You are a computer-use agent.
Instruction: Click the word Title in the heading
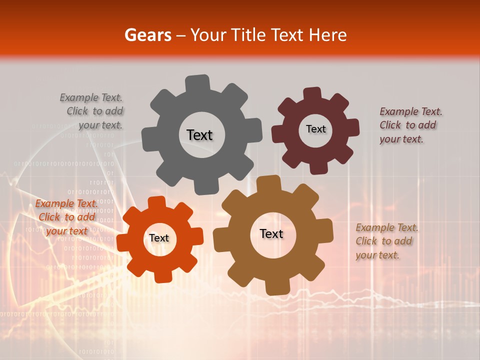pyautogui.click(x=248, y=35)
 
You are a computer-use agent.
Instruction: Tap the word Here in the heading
pyautogui.click(x=328, y=35)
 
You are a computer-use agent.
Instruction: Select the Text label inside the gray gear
pyautogui.click(x=199, y=135)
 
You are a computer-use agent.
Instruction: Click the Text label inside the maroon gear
pyautogui.click(x=315, y=129)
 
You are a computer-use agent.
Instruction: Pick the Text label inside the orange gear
pyautogui.click(x=159, y=238)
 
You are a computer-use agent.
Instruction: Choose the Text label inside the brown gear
pyautogui.click(x=271, y=234)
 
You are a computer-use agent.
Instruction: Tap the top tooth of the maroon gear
pyautogui.click(x=312, y=94)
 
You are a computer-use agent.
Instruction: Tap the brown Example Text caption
pyautogui.click(x=386, y=241)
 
